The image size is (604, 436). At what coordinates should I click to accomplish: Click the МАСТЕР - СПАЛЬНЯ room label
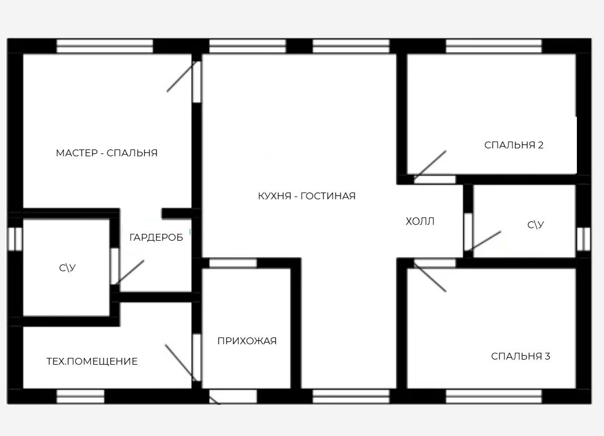click(107, 153)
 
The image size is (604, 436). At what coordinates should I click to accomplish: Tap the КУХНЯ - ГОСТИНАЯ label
click(307, 196)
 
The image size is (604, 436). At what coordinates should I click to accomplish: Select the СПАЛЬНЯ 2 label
click(514, 145)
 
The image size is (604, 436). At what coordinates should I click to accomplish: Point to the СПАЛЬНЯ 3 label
click(520, 356)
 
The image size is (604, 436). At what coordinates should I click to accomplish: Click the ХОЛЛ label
click(420, 221)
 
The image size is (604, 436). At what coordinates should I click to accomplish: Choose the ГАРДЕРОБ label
click(156, 237)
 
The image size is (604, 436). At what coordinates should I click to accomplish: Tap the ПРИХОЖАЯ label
click(247, 341)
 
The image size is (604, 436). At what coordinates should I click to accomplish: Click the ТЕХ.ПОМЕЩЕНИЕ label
click(92, 361)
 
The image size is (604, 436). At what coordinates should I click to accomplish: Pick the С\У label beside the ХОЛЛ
click(536, 225)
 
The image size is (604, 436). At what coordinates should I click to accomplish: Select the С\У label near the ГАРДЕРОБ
click(67, 268)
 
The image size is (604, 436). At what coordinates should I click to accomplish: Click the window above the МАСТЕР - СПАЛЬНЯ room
click(105, 46)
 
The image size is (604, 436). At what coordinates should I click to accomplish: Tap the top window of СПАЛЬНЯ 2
click(494, 46)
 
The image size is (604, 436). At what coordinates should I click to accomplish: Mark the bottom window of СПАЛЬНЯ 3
click(494, 396)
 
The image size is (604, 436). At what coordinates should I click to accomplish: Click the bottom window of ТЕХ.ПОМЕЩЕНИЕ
click(80, 396)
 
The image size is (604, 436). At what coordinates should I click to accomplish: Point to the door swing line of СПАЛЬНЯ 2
click(430, 165)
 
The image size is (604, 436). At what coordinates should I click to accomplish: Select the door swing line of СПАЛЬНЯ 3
click(430, 277)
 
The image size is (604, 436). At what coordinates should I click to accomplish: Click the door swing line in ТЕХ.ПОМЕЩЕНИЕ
click(180, 363)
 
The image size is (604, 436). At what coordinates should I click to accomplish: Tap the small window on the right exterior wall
click(584, 239)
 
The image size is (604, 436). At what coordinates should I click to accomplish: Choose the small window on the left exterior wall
click(15, 239)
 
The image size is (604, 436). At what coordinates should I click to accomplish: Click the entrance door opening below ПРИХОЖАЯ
click(233, 396)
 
